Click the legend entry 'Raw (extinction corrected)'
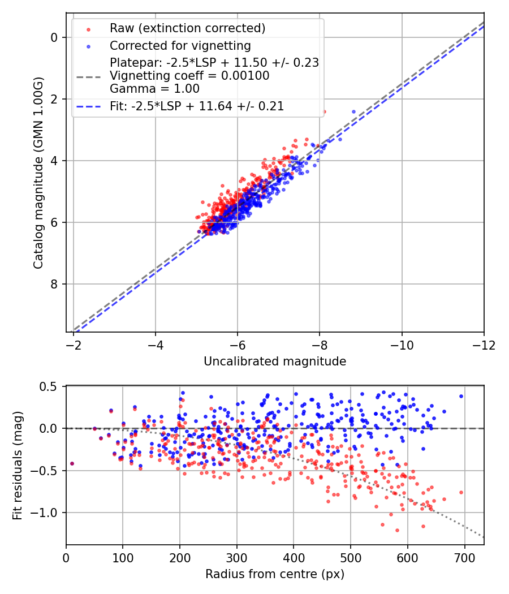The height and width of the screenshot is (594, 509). coord(187,28)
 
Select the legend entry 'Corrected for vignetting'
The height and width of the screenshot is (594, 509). coord(180,45)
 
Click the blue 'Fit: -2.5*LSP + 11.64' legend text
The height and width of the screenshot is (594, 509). coord(197,106)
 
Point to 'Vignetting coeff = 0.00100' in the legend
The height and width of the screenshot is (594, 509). coord(189,75)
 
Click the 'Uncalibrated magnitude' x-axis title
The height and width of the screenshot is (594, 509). coord(275,361)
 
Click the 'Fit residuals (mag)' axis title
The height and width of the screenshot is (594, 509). coord(18,466)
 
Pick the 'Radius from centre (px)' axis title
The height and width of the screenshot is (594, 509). coord(275,574)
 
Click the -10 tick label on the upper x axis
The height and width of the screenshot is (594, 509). coord(402,345)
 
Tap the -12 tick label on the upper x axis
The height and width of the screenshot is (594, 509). coord(484,345)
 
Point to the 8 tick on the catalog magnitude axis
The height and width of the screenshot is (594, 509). coord(54,284)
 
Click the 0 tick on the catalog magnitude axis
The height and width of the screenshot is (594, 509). coord(54,37)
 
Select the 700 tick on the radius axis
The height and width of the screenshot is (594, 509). coord(464,557)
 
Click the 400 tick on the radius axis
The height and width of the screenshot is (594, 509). coord(294,557)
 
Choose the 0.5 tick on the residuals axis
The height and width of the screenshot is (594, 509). coord(50,386)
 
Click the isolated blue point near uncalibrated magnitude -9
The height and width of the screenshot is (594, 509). coord(354,111)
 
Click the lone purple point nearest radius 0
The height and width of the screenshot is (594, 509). coord(72,463)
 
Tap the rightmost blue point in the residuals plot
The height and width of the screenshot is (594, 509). coord(461,396)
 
